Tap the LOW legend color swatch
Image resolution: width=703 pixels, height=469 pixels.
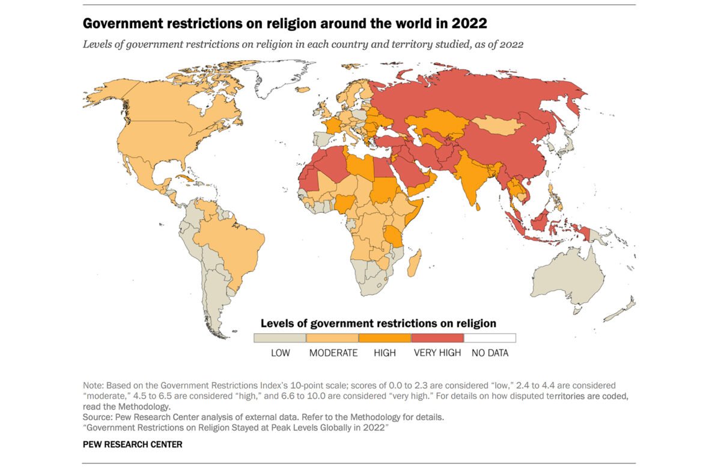click(x=280, y=338)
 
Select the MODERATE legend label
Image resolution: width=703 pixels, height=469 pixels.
click(x=333, y=353)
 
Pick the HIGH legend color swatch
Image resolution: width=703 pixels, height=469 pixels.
click(x=385, y=338)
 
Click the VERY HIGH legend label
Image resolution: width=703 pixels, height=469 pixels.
click(x=437, y=353)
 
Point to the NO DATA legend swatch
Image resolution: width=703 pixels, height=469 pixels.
click(x=490, y=338)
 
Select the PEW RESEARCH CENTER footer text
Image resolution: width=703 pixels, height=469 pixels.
click(x=132, y=444)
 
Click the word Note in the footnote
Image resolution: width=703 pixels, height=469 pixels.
click(x=93, y=385)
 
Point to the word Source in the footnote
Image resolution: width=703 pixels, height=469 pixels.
click(x=96, y=416)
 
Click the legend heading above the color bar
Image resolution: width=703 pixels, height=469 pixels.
click(x=378, y=323)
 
